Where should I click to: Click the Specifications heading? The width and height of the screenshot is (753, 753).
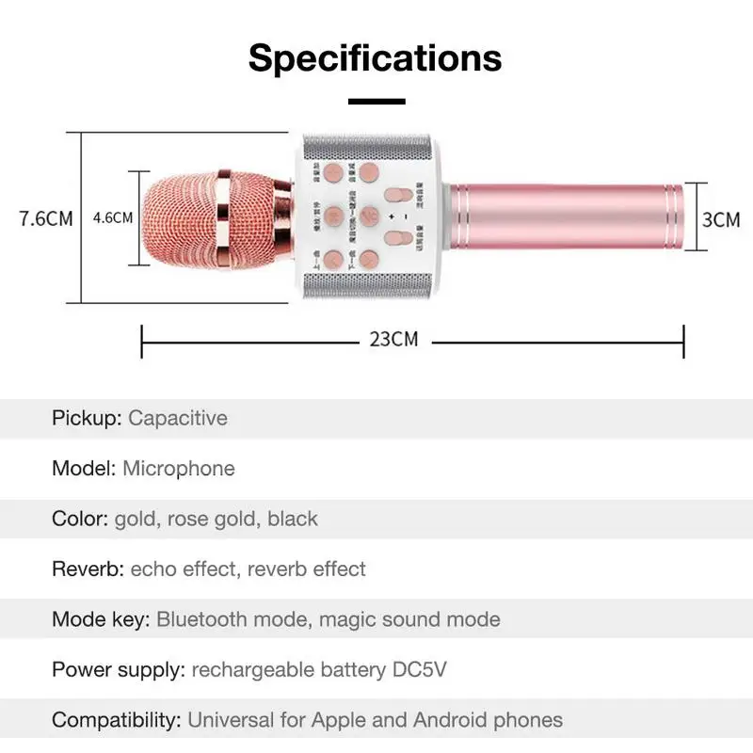(x=376, y=57)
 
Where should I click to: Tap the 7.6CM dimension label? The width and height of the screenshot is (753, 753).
(x=46, y=218)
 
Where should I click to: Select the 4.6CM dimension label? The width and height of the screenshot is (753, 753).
(x=113, y=218)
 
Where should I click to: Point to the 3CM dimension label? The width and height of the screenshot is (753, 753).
(x=721, y=219)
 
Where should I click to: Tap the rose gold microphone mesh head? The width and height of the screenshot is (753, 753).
(x=188, y=218)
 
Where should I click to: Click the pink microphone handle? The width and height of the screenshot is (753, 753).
(x=565, y=218)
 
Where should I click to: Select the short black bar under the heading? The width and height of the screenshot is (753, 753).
(x=376, y=101)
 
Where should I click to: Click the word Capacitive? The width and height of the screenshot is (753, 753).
(x=178, y=417)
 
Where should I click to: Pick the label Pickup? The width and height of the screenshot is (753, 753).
(x=87, y=417)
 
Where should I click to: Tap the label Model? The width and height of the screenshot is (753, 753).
(x=84, y=468)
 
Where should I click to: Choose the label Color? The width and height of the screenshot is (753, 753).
(x=80, y=519)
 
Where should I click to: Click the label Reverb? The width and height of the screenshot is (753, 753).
(x=88, y=569)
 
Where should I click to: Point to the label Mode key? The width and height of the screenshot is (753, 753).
(x=101, y=619)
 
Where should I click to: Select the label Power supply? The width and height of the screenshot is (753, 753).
(x=118, y=670)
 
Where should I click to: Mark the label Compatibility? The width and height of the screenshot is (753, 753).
(x=116, y=721)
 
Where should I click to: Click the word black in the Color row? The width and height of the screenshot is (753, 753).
(x=293, y=519)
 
